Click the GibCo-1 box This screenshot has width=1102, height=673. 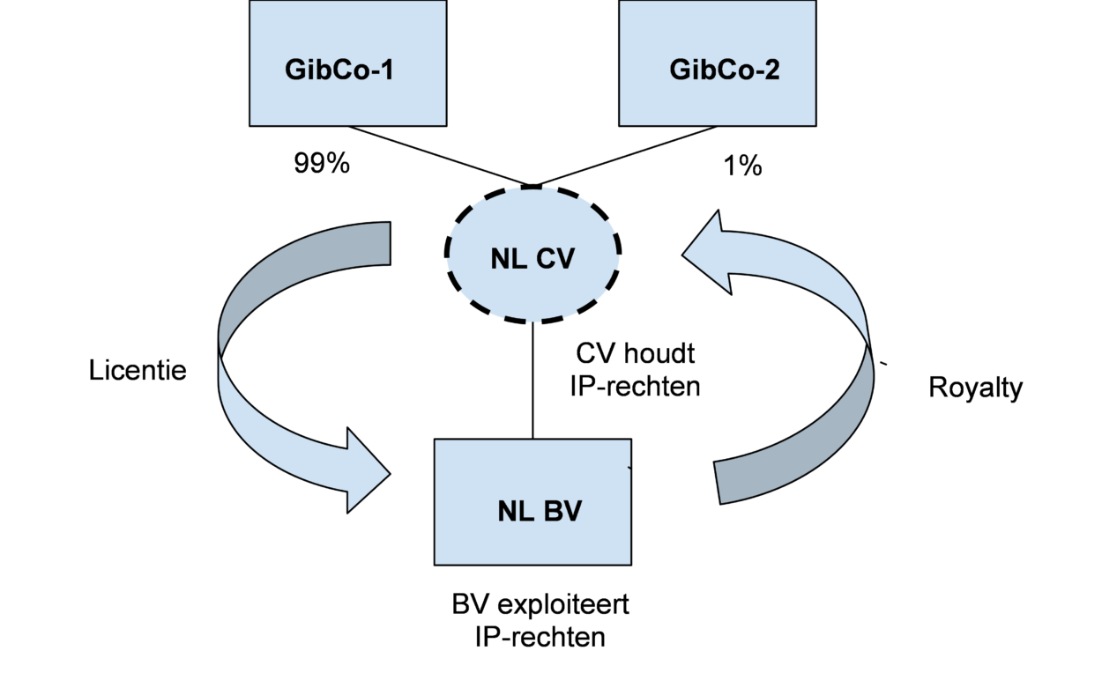[x=347, y=63]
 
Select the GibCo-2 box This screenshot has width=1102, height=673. [x=717, y=63]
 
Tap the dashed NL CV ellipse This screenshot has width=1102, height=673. [x=532, y=255]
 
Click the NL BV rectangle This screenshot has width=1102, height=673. [x=532, y=502]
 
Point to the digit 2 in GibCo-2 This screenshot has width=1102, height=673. [x=771, y=70]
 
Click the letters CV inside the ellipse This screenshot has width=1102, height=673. [x=555, y=260]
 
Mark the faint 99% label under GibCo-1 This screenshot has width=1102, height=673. [x=324, y=164]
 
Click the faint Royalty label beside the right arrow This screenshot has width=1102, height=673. [x=978, y=388]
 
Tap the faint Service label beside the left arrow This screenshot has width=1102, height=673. [x=150, y=371]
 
